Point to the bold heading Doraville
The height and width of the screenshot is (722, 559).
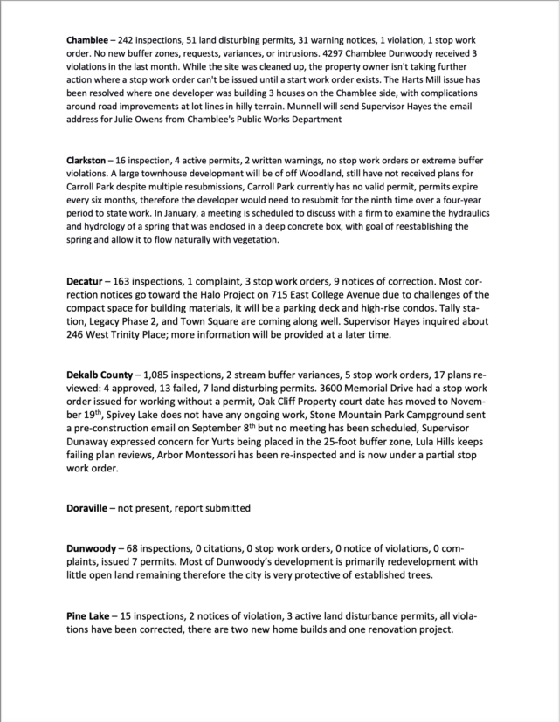90,507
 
